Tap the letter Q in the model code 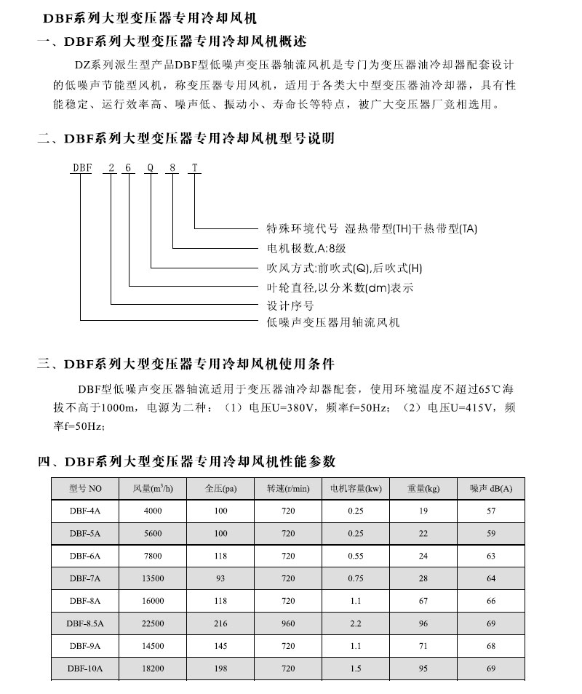150,167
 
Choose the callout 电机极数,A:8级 306,248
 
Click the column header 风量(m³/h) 153,489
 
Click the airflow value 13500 153,578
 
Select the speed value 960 288,623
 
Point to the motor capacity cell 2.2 356,623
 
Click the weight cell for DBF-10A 423,669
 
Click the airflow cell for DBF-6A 153,557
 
